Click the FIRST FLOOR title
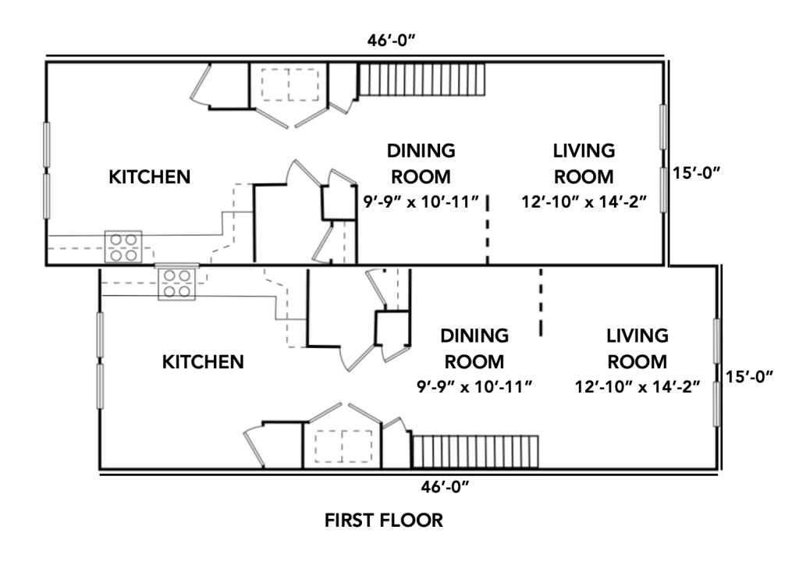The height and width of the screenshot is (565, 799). (384, 521)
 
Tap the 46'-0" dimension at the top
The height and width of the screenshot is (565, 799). (392, 41)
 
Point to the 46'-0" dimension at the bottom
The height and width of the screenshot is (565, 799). (445, 487)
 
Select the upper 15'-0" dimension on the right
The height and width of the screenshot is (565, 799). (697, 172)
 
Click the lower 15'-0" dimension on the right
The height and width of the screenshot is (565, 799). (750, 376)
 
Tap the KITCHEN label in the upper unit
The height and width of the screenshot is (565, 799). (150, 177)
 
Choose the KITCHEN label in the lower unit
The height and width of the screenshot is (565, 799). (203, 362)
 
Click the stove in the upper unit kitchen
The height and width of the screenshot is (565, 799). (123, 247)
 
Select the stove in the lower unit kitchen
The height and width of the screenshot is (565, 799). (177, 284)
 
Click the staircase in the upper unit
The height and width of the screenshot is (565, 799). (422, 80)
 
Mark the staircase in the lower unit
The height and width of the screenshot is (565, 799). (475, 451)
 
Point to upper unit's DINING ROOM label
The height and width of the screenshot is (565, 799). (421, 164)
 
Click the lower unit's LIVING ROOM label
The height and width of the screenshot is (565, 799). (637, 349)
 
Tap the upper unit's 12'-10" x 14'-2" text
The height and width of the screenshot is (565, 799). (584, 202)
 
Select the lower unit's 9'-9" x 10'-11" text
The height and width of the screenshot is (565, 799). (474, 387)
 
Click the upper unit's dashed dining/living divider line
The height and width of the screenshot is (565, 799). (488, 229)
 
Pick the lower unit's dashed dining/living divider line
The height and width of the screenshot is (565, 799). (542, 301)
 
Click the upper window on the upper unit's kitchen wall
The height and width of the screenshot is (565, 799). (47, 144)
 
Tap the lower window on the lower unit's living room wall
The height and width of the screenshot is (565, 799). (716, 404)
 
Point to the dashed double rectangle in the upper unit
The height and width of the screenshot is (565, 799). (290, 84)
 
